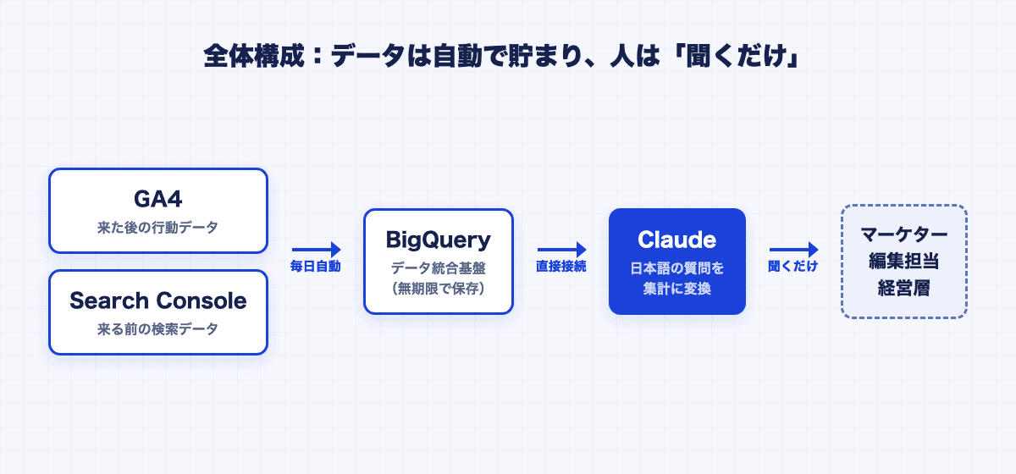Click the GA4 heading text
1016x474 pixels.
tap(157, 199)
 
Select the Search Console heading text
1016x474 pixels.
tap(157, 300)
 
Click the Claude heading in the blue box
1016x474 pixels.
tap(676, 240)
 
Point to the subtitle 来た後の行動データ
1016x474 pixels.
tap(157, 227)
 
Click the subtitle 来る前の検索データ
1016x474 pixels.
tap(157, 329)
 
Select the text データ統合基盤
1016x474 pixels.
tap(439, 268)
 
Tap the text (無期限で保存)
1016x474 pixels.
tap(439, 289)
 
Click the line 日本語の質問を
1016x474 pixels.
tap(676, 268)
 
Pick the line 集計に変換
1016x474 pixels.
tap(676, 289)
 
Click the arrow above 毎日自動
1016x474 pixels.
tap(316, 250)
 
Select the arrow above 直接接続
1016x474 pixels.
tap(561, 250)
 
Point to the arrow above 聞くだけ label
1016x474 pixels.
tap(794, 250)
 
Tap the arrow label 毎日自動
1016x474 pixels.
tap(316, 267)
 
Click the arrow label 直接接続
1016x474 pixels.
tap(561, 267)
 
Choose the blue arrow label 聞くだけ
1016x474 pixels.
tap(792, 267)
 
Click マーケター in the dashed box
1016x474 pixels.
tap(904, 234)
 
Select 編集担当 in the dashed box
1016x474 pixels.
tap(904, 262)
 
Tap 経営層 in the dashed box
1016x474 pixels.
tap(904, 288)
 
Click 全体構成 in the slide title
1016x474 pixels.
tap(254, 56)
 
